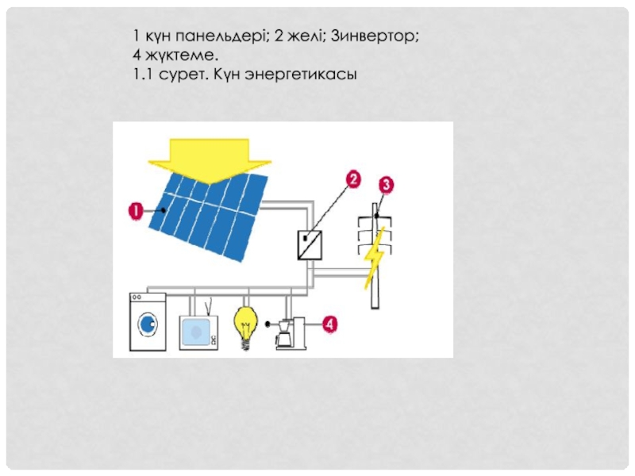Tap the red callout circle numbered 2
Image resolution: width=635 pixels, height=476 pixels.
pos(353,178)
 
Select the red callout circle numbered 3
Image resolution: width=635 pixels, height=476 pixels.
pos(386,184)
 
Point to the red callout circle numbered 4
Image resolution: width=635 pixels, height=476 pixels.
pos(329,324)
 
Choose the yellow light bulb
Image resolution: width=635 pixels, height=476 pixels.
pos(244,324)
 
